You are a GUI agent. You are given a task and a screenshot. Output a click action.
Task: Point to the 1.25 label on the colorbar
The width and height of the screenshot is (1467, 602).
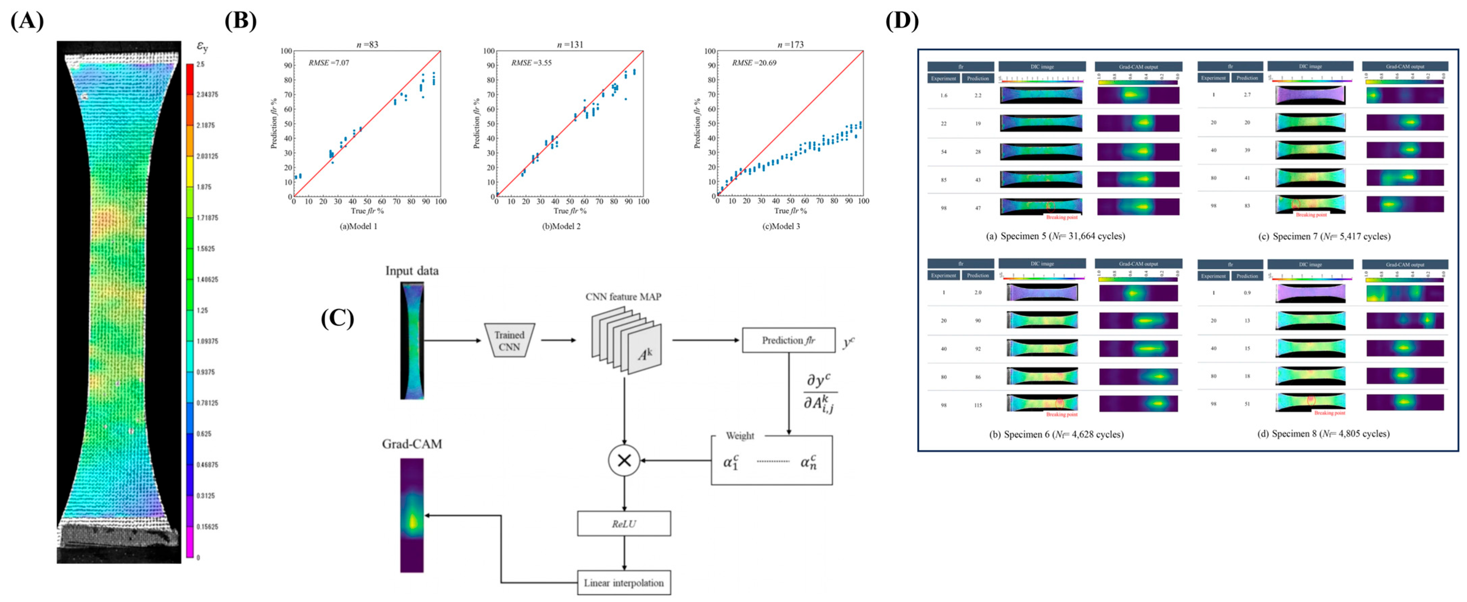[x=202, y=310]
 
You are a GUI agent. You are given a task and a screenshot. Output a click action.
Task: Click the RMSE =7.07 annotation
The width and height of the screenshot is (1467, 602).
[x=329, y=63]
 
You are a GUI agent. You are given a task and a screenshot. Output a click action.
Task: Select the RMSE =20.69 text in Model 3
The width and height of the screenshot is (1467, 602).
[x=754, y=63]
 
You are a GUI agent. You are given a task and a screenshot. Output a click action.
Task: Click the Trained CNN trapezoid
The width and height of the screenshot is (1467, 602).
[x=509, y=341]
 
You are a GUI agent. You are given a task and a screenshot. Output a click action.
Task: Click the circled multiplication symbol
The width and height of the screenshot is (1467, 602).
[x=624, y=460]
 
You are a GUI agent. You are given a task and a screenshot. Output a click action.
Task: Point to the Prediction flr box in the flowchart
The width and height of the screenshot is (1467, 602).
[x=788, y=340]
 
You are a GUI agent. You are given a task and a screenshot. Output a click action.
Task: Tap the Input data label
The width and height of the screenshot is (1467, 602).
[x=412, y=271]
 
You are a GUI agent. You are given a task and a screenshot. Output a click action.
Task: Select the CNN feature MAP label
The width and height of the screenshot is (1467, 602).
[x=623, y=297]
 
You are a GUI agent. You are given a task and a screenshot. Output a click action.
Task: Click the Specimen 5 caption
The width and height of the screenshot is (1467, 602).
[x=1055, y=236]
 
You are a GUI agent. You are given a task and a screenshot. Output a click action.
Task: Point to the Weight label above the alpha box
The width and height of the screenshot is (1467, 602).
[x=740, y=436]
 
